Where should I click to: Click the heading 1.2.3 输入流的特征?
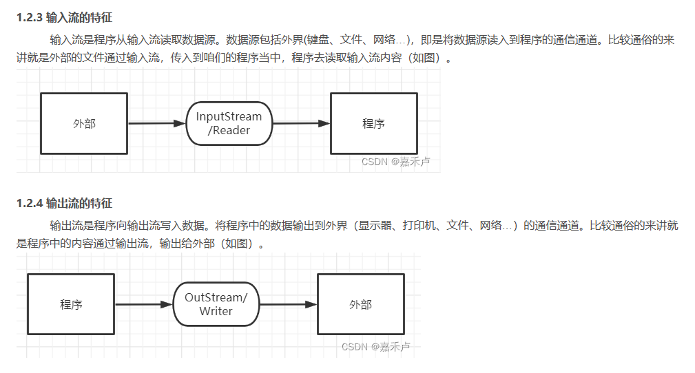[64, 17]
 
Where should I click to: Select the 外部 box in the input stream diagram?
[84, 124]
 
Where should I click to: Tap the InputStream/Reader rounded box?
[229, 124]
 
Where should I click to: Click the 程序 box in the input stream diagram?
[373, 124]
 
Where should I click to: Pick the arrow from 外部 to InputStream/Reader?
[157, 124]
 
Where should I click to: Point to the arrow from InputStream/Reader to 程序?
[301, 124]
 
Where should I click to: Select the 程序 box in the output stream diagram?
[71, 304]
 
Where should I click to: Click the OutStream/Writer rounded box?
[216, 304]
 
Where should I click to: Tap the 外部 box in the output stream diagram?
[360, 304]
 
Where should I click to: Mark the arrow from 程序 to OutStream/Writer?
[143, 304]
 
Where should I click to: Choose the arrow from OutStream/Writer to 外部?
[287, 304]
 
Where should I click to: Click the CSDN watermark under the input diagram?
[400, 162]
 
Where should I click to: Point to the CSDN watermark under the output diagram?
[376, 346]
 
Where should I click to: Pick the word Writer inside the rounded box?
[216, 311]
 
